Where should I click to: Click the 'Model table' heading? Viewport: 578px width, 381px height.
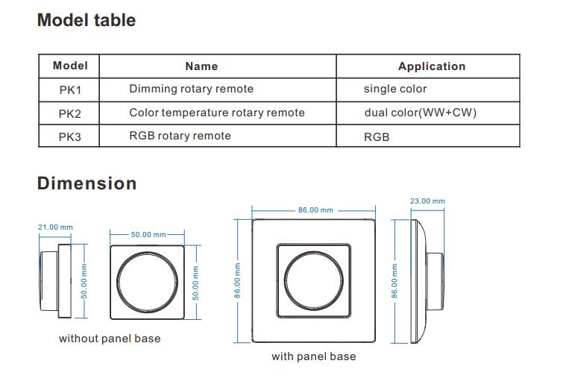[87, 20]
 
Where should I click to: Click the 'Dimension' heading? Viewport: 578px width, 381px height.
[87, 183]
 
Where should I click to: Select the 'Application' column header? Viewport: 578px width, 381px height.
[432, 66]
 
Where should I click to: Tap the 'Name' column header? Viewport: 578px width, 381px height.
[201, 66]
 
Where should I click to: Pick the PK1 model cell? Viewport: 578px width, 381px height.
[69, 90]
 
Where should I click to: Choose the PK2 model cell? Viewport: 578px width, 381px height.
[69, 113]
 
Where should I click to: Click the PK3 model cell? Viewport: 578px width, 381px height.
[69, 136]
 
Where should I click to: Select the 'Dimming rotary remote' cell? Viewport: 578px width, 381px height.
[192, 89]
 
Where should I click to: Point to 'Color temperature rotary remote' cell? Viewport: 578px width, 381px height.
[217, 113]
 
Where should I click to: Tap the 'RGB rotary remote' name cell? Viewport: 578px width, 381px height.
[180, 136]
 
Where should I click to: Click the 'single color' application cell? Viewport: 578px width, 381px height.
[395, 89]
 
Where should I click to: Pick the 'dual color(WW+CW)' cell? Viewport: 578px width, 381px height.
[420, 113]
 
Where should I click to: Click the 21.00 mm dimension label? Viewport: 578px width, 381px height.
[55, 227]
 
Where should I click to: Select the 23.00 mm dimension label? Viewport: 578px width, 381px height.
[427, 201]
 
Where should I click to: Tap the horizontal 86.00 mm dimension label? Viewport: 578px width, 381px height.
[315, 210]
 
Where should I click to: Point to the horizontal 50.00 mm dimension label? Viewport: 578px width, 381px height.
[148, 234]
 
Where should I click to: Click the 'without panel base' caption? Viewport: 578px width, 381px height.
[110, 339]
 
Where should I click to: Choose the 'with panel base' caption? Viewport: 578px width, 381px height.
[314, 356]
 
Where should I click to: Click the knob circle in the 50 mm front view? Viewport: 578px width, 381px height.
[117, 283]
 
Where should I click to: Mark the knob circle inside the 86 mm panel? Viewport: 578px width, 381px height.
[284, 281]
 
